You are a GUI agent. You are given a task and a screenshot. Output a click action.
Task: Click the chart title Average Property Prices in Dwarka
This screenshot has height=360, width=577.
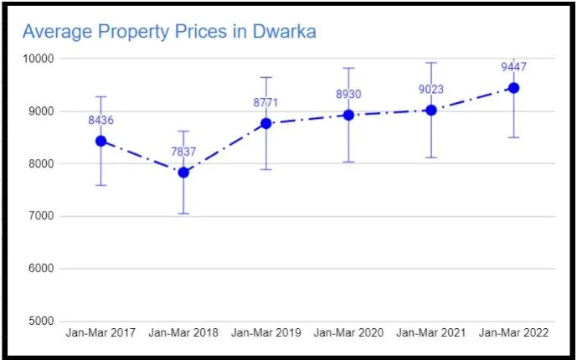(x=168, y=33)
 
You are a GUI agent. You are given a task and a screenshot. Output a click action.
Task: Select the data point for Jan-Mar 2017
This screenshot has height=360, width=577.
(x=100, y=141)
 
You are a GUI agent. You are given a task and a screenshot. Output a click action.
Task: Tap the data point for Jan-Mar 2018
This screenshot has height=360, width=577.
(x=183, y=172)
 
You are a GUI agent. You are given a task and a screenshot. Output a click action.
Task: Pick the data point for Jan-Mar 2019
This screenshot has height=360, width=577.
(x=266, y=123)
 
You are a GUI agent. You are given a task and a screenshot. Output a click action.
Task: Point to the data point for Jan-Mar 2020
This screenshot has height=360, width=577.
(x=348, y=115)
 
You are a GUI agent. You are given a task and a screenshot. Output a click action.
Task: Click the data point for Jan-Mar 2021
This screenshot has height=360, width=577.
(x=431, y=110)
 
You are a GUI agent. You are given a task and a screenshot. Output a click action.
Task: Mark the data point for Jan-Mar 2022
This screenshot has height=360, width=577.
(x=513, y=88)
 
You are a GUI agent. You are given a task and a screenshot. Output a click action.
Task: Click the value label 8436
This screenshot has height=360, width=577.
(x=100, y=121)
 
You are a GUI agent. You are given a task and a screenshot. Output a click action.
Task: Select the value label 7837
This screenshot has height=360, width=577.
(x=183, y=152)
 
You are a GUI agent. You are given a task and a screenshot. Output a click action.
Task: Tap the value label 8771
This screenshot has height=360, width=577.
(x=266, y=103)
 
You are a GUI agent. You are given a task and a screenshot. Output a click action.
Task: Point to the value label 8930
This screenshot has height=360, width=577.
(x=348, y=95)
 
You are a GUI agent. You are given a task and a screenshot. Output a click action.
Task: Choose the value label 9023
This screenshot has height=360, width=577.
(x=431, y=90)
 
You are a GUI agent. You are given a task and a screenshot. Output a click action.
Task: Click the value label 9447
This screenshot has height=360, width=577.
(x=513, y=68)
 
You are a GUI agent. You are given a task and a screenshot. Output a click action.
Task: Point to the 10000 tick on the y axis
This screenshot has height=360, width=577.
(x=38, y=59)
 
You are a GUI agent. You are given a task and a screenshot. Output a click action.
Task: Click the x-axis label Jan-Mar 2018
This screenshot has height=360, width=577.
(x=183, y=333)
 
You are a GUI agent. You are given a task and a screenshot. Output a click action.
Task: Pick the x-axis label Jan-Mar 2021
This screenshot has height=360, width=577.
(x=431, y=333)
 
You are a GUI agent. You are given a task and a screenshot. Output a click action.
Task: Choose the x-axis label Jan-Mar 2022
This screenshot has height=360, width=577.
(x=513, y=333)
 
